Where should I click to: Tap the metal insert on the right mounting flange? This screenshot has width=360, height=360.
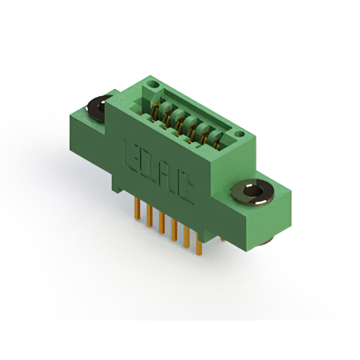click(253, 193)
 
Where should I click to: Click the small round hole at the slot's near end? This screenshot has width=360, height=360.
click(239, 134)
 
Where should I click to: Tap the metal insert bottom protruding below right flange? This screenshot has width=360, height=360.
click(265, 241)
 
